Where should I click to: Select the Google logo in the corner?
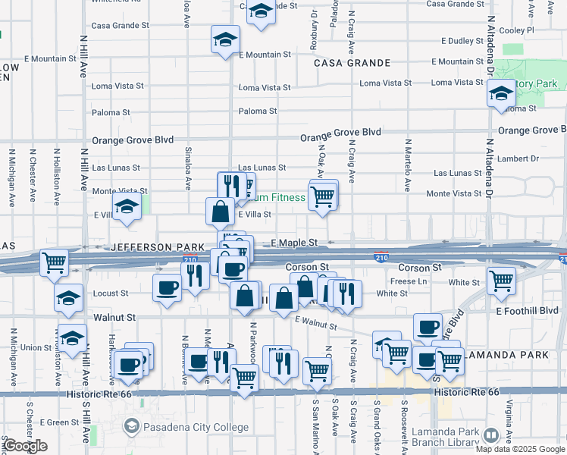[25, 446]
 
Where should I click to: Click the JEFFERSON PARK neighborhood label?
[158, 247]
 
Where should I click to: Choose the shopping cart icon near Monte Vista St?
[323, 196]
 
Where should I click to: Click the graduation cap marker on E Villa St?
[127, 206]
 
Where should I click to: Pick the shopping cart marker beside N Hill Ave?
[54, 263]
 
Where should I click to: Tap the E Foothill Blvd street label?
[527, 310]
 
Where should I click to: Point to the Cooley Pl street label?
[517, 30]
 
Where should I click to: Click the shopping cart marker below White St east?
[501, 281]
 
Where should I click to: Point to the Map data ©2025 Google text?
[519, 449]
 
